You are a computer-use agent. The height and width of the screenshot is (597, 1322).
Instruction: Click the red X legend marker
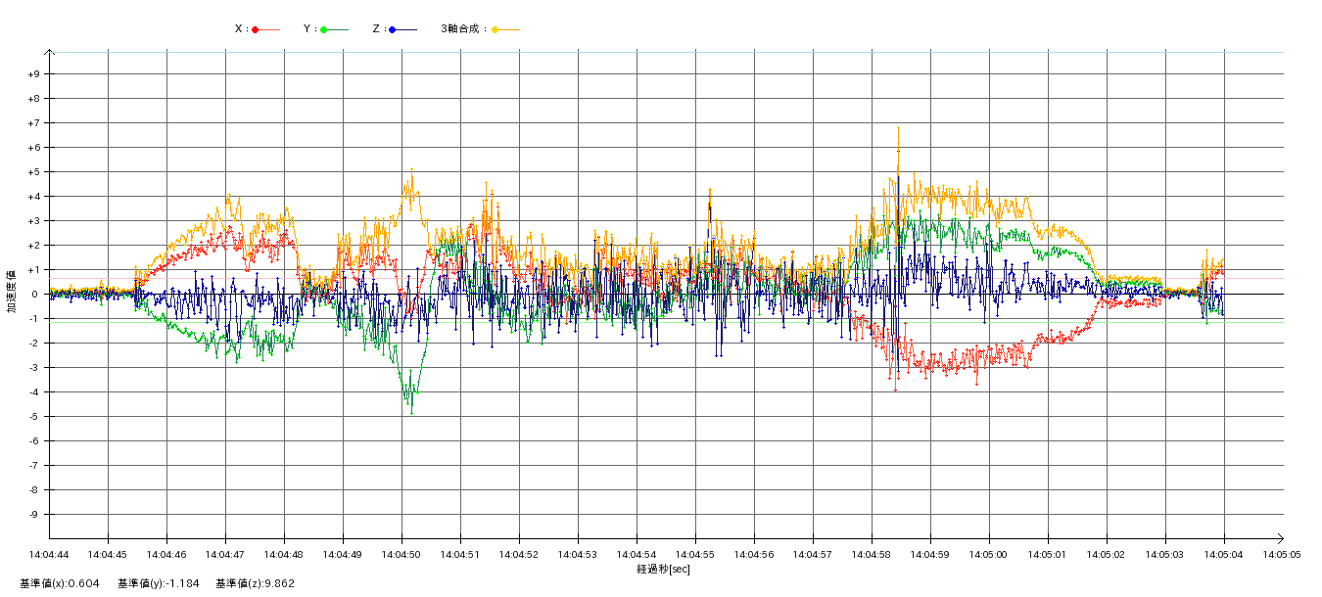(x=256, y=29)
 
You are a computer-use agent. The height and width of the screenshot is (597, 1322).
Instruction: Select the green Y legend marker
(x=324, y=29)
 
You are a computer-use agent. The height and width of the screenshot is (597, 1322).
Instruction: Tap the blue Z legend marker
(x=393, y=29)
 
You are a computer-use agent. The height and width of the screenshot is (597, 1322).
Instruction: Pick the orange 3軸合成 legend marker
(x=496, y=29)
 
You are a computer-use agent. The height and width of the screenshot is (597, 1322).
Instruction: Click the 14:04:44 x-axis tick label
(x=49, y=554)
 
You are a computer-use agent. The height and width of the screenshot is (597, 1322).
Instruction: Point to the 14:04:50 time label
(x=401, y=554)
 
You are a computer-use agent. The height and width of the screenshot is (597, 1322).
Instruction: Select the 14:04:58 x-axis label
(x=872, y=554)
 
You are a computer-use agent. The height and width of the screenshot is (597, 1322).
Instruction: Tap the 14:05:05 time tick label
(x=1282, y=554)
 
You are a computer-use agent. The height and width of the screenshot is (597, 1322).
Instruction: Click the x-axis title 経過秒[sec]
(x=663, y=569)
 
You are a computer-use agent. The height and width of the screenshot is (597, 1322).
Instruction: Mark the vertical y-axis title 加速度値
(x=12, y=291)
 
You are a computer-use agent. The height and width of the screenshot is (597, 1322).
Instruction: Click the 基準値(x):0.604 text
(x=60, y=583)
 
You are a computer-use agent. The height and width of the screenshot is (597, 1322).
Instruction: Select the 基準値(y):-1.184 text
(x=159, y=583)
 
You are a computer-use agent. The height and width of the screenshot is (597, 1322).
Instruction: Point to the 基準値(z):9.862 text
(x=256, y=583)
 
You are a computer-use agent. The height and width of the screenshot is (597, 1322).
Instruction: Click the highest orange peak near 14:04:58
(x=898, y=127)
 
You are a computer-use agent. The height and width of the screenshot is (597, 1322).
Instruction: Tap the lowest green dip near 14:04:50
(x=411, y=413)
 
